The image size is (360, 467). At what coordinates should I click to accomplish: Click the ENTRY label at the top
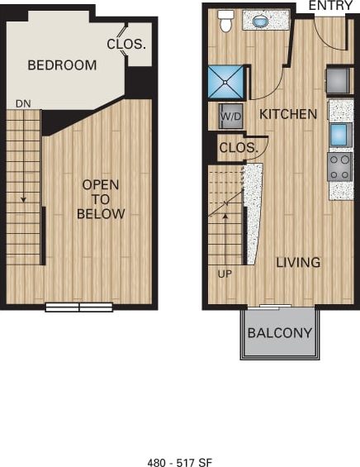(x=330, y=6)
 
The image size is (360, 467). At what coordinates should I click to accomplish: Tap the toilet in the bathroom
(x=225, y=21)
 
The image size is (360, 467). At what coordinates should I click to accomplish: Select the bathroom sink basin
(x=263, y=20)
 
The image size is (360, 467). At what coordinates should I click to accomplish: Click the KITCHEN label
(x=288, y=114)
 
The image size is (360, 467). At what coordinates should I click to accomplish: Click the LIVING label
(x=298, y=262)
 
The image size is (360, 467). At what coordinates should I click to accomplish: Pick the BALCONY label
(x=280, y=334)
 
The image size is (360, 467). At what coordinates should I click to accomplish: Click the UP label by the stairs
(x=225, y=273)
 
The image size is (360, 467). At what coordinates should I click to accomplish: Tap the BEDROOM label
(x=62, y=64)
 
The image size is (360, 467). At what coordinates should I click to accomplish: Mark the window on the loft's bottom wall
(x=78, y=307)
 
